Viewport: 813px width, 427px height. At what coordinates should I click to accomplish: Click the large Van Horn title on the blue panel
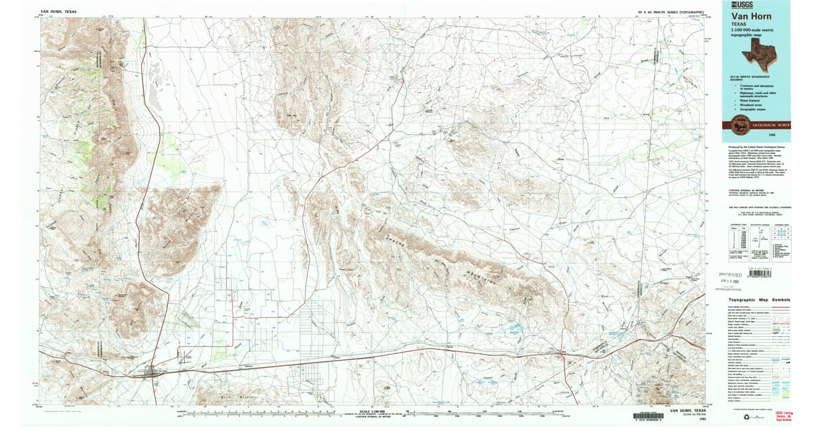coord(749,16)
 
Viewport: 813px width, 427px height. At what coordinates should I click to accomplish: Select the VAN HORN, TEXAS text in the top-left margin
coord(60,12)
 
